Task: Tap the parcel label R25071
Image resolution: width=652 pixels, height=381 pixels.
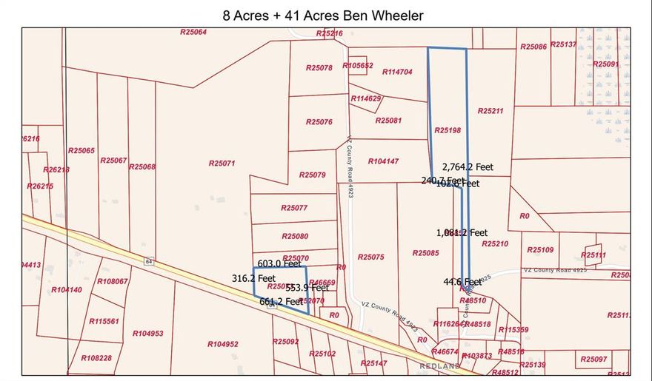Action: point(222,163)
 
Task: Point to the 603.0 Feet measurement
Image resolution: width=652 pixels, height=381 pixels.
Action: point(279,263)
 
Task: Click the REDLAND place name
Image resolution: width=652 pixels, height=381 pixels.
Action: point(440,366)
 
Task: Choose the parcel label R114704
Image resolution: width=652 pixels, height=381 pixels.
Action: point(397,72)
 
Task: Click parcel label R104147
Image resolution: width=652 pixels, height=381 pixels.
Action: point(383,161)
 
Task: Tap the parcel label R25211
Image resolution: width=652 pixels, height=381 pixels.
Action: point(490,111)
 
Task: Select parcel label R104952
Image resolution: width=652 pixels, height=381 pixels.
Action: point(223,344)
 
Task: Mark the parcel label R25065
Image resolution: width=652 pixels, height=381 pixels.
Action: point(81,151)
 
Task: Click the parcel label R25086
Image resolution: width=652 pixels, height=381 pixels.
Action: point(533,47)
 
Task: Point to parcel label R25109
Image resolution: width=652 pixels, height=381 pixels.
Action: point(540,250)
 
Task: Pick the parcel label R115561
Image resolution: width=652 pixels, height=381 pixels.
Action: point(104,321)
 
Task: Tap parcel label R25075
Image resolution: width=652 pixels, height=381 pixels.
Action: point(370,257)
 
